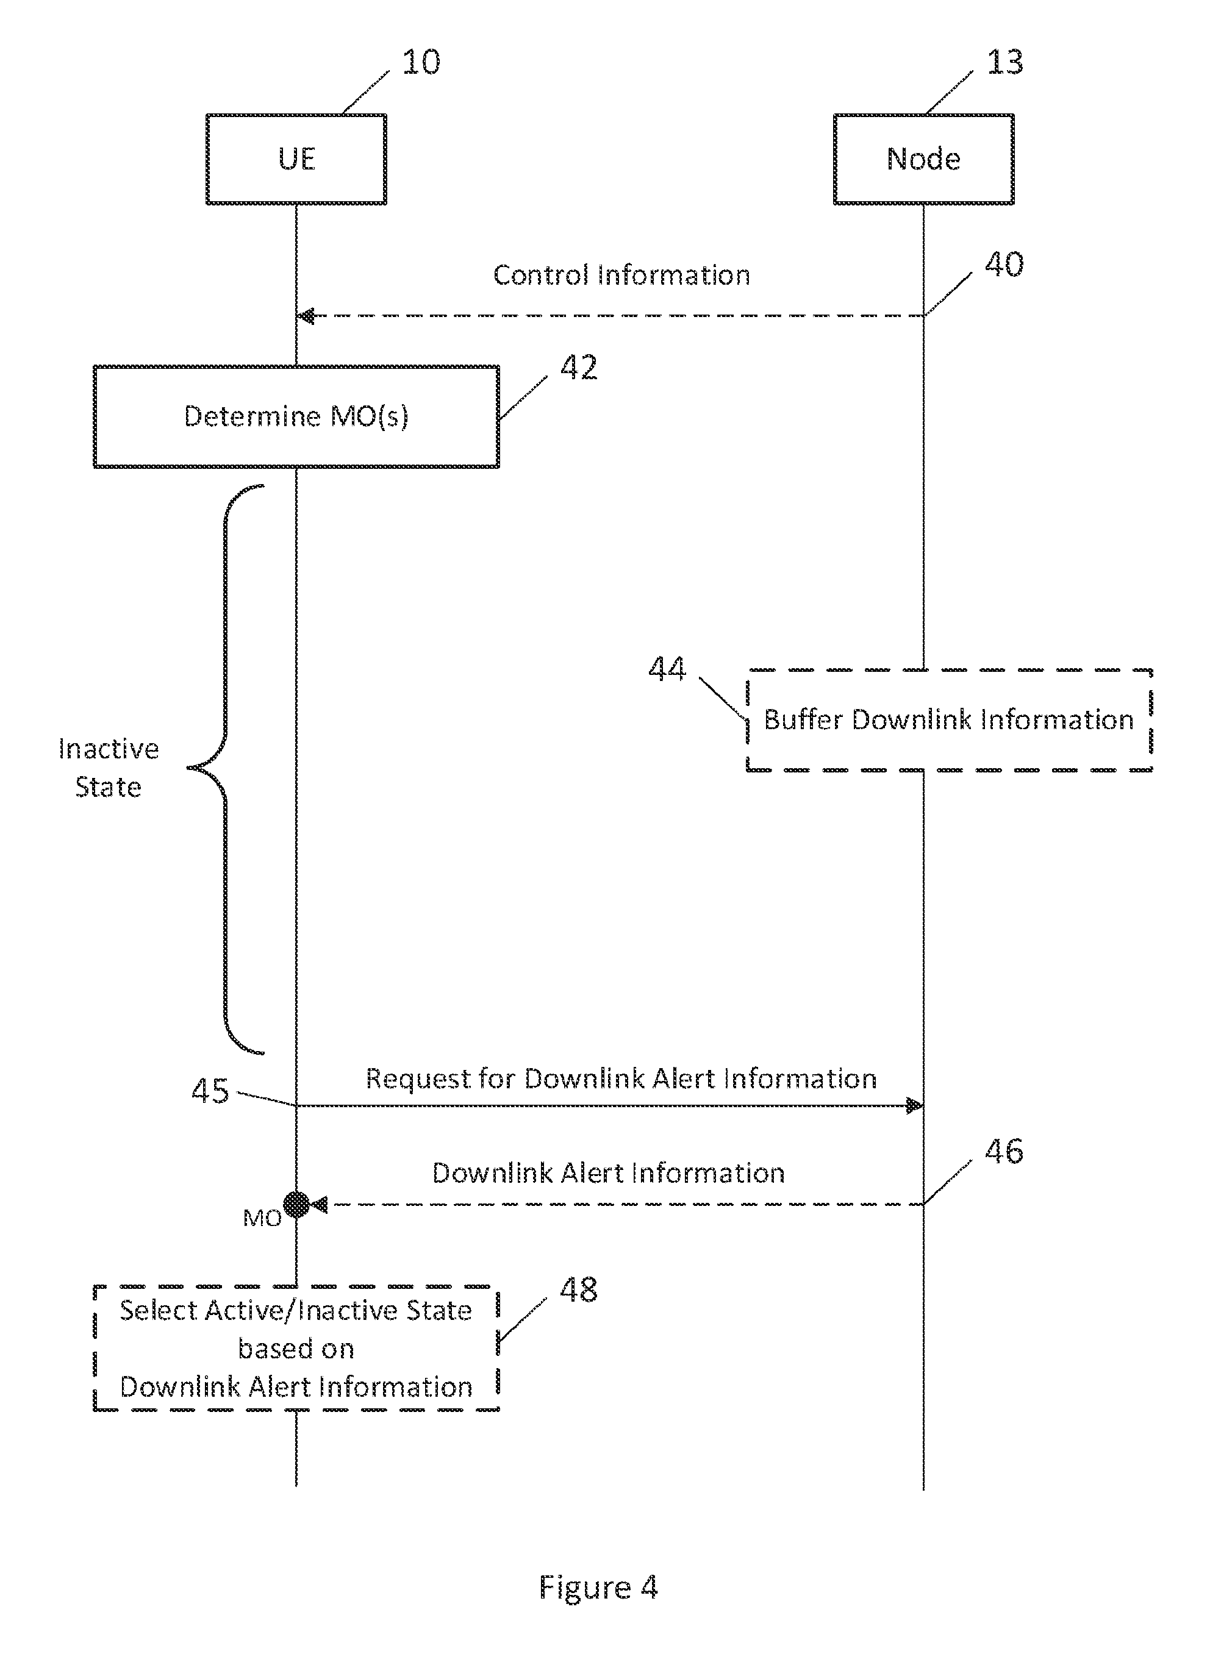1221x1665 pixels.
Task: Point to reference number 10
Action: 421,62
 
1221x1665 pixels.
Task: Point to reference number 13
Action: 1005,62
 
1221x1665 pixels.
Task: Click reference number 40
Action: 1004,265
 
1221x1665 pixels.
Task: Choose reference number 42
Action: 578,367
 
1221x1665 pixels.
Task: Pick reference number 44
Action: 667,669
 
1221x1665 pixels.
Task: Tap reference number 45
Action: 210,1091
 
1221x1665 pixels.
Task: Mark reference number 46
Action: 1004,1152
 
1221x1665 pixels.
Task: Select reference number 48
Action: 578,1289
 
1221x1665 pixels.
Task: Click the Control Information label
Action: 621,275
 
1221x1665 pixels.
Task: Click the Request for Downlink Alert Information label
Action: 621,1079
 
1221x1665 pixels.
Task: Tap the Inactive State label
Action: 109,768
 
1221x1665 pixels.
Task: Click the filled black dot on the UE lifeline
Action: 296,1205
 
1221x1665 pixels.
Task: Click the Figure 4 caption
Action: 598,1588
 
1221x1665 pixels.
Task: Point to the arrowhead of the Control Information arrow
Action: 306,317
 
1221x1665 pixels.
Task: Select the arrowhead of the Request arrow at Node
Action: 914,1106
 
